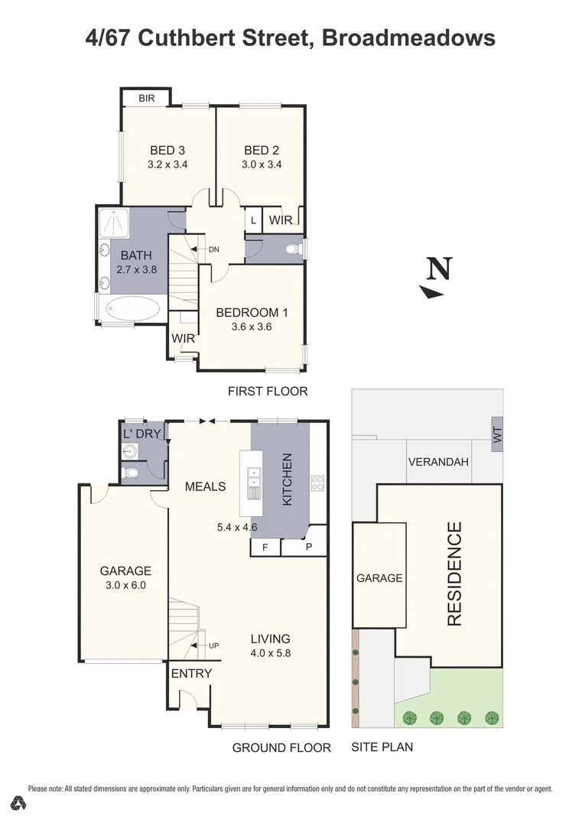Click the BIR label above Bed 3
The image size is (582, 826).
point(147,99)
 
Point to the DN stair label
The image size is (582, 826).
point(213,249)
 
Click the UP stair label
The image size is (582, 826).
point(213,646)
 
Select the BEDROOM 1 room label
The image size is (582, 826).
point(252,312)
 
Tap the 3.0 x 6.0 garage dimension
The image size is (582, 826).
point(125,585)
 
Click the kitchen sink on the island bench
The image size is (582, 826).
point(254,483)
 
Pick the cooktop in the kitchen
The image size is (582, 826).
point(317,483)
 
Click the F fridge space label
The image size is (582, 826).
point(265,548)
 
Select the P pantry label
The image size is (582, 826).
point(309,547)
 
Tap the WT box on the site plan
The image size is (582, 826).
point(497,434)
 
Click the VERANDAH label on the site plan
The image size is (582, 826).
point(438,462)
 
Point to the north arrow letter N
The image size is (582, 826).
point(439,268)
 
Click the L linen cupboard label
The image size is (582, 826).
point(253,221)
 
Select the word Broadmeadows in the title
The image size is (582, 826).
point(408,38)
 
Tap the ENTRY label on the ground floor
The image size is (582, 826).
point(191,673)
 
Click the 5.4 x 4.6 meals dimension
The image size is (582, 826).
point(237,527)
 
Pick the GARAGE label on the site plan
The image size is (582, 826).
point(379,578)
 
